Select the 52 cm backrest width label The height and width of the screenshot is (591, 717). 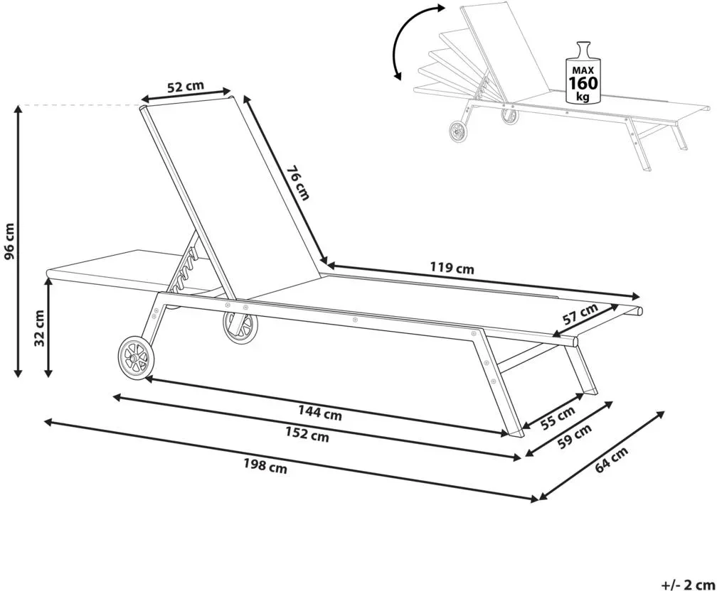click(x=185, y=87)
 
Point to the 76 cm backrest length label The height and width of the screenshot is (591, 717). click(x=298, y=183)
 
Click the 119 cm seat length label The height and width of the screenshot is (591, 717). click(x=452, y=268)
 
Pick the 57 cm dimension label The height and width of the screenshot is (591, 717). click(x=580, y=314)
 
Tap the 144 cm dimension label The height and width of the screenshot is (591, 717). click(x=320, y=413)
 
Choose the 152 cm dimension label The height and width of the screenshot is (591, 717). click(x=307, y=434)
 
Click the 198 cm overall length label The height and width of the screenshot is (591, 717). click(x=265, y=466)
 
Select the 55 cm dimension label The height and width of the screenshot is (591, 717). click(x=558, y=418)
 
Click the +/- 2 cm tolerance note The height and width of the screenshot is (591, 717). click(x=689, y=584)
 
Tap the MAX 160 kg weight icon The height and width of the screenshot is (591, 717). click(x=583, y=72)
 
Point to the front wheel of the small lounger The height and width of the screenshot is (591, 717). click(x=458, y=132)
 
